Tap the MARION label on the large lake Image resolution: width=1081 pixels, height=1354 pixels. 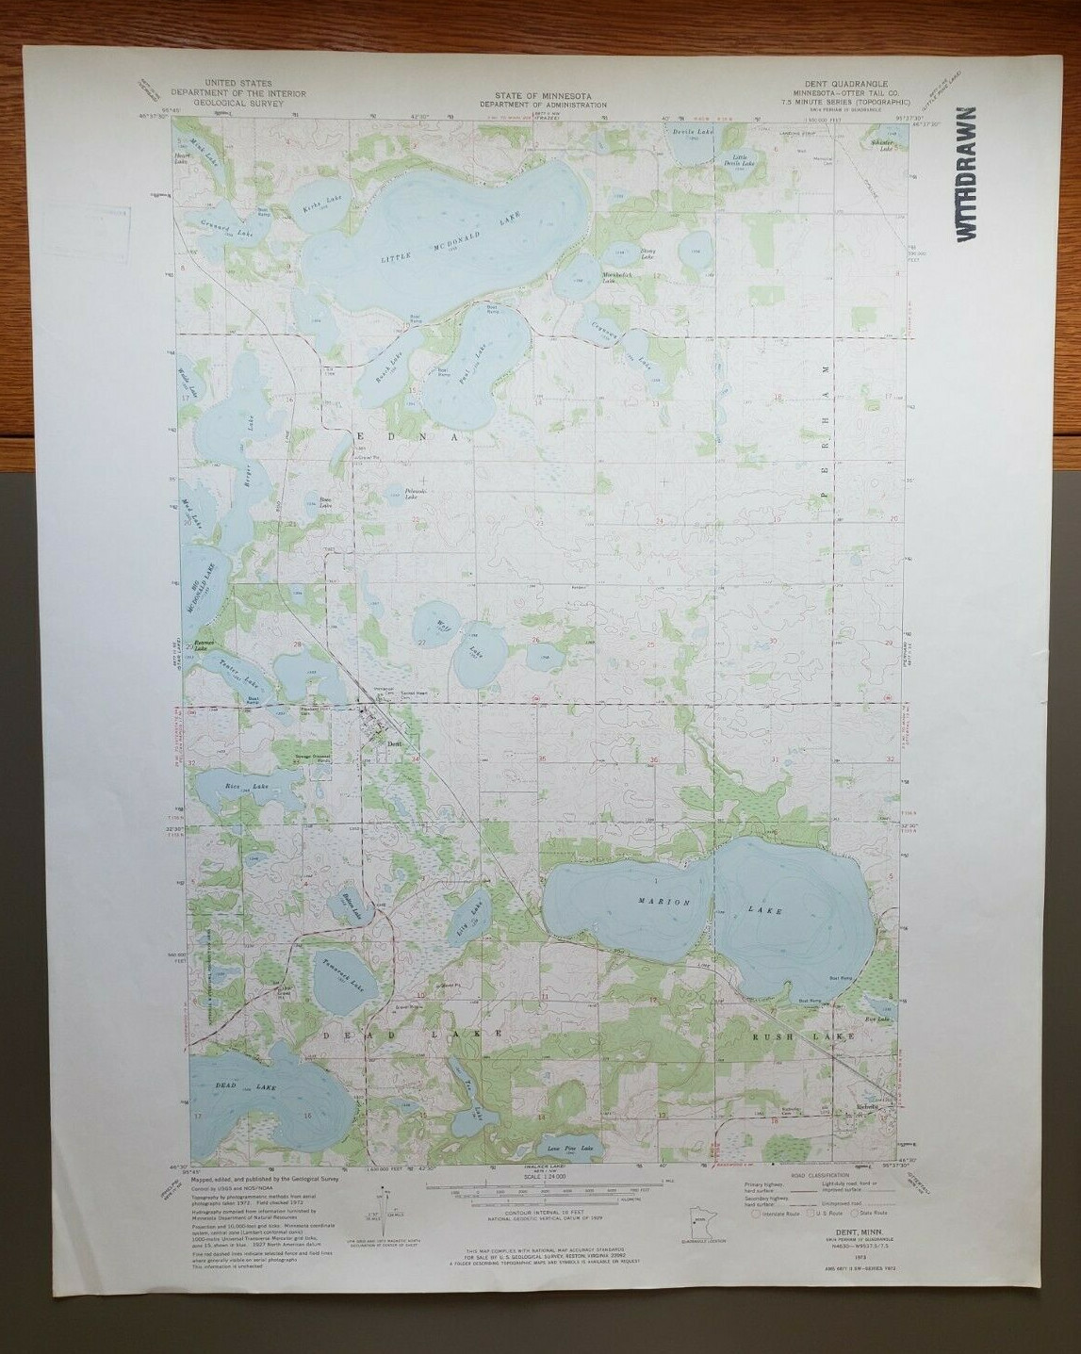click(x=658, y=902)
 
